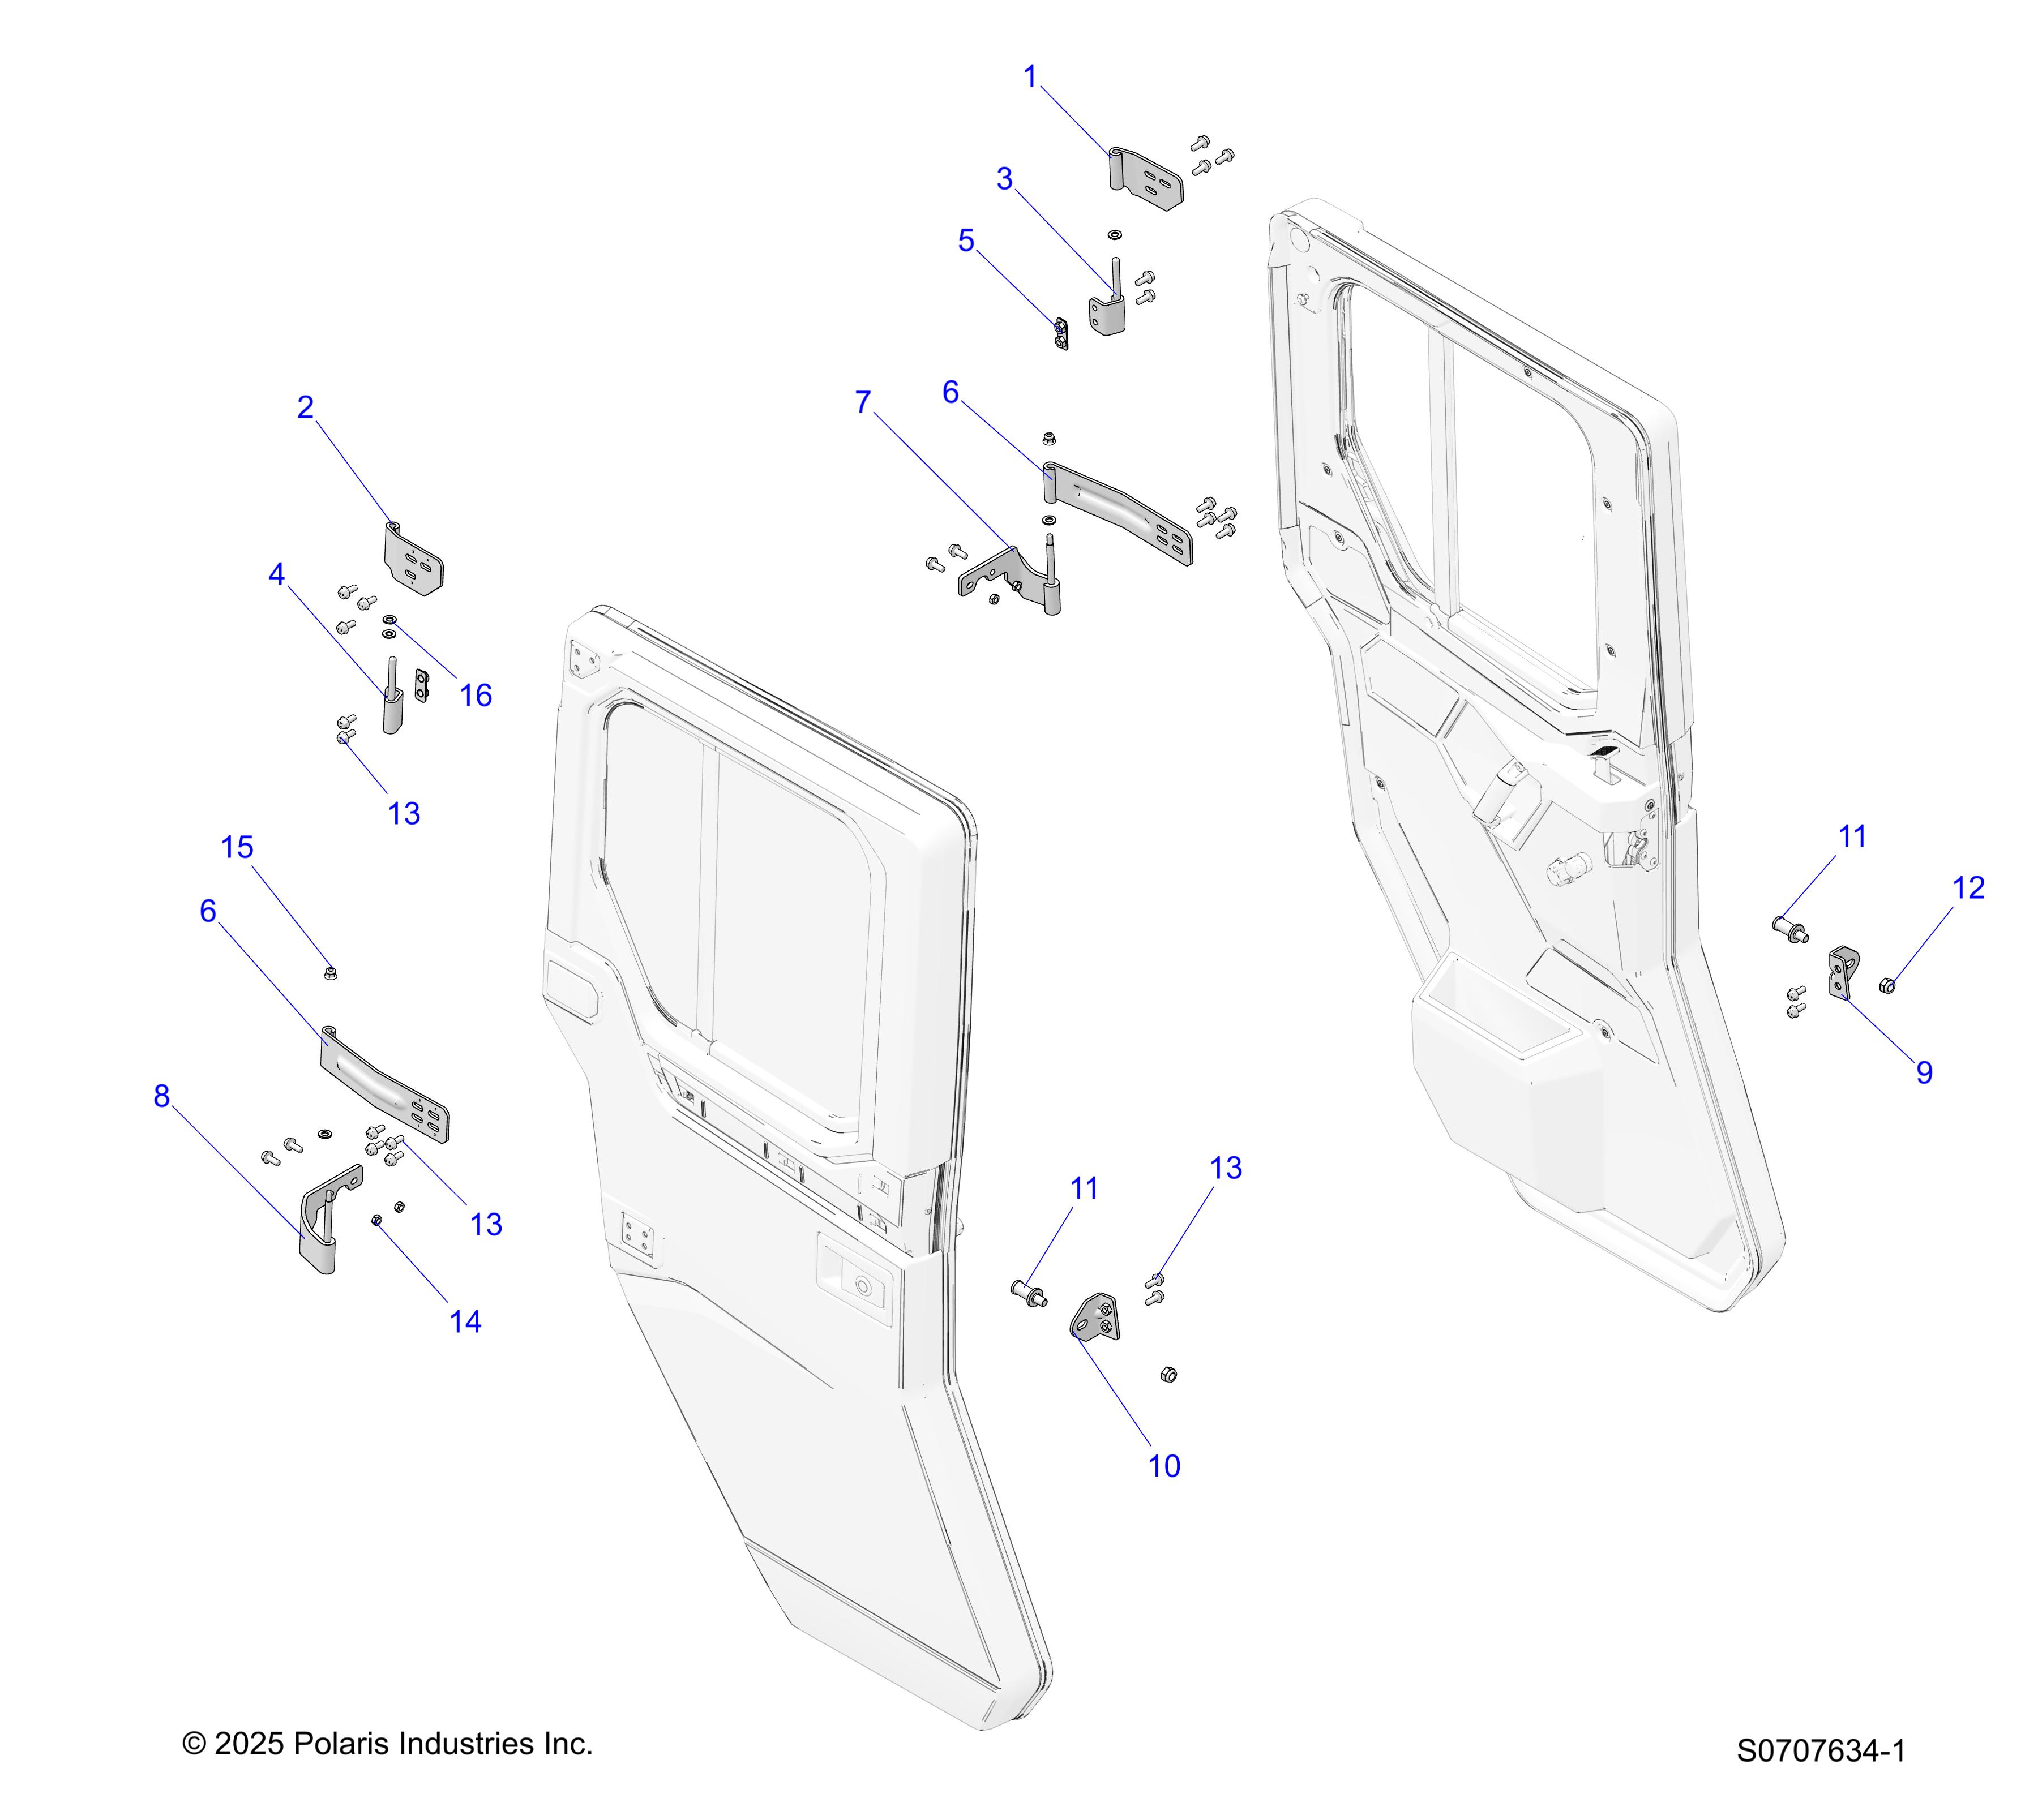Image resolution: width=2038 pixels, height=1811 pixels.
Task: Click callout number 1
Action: pos(1031,77)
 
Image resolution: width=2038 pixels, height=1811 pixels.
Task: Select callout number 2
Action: pos(305,407)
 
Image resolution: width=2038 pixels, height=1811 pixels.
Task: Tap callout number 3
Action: pos(1004,179)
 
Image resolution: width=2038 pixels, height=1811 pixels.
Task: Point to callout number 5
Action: pos(965,241)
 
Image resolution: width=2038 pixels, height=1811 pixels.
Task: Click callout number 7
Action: pos(863,403)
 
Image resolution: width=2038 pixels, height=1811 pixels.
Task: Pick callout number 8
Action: pos(161,1096)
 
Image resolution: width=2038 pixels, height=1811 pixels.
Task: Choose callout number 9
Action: pos(1924,1072)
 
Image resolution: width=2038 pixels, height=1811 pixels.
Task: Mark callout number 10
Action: pos(1163,1466)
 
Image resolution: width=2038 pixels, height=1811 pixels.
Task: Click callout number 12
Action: pos(1968,888)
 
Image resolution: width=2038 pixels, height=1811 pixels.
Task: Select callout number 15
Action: pos(237,847)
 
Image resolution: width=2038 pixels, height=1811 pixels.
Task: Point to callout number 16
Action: pos(476,696)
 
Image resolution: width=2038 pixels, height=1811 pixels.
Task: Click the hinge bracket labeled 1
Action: pos(1146,179)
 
